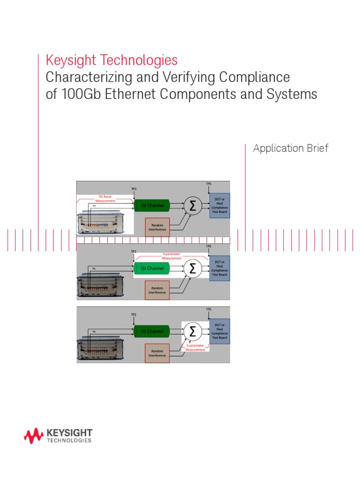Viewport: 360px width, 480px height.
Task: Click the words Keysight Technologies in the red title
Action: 112,60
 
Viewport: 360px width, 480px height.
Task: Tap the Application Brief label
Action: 291,149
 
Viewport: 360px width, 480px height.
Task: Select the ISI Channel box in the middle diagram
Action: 150,269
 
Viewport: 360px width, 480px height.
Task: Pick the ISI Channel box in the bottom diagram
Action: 150,331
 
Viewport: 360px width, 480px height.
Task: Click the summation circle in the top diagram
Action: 191,205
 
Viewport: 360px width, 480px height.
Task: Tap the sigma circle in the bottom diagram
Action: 191,331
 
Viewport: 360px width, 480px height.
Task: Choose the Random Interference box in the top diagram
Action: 157,226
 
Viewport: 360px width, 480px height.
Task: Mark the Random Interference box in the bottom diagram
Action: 157,352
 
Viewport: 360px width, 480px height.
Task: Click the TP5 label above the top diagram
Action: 209,183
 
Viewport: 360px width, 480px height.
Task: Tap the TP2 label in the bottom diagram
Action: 134,315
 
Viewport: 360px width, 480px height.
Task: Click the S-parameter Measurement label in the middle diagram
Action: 171,256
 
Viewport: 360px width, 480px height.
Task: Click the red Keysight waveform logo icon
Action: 34,436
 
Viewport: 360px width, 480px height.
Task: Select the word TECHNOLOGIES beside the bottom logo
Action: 69,441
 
